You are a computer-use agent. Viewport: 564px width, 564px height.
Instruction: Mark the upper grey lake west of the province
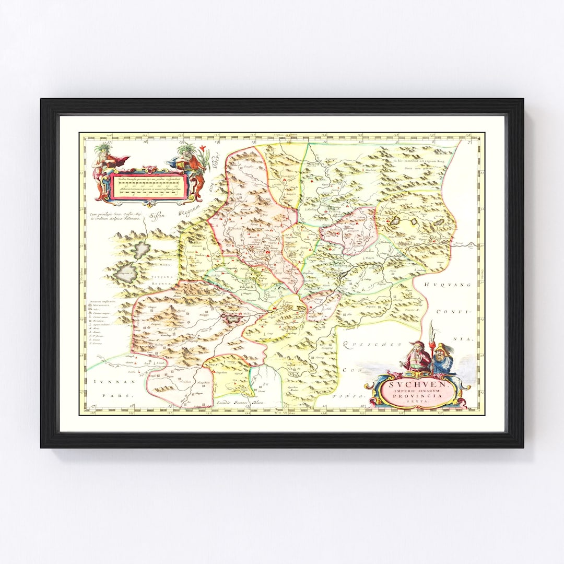click(140, 250)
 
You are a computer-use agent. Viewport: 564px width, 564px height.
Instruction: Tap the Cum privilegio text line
click(114, 214)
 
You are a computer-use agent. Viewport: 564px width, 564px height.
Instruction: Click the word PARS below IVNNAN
click(121, 396)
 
